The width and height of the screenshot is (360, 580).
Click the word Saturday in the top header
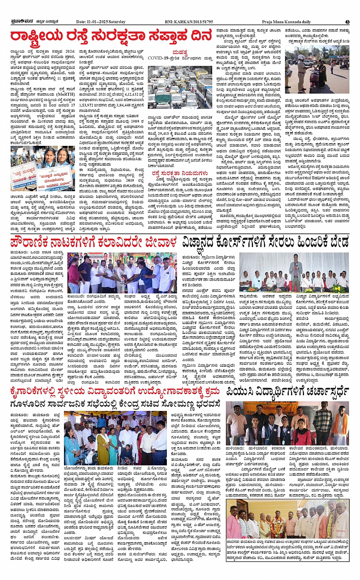pyautogui.click(x=117, y=22)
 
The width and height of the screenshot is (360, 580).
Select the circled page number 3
pyautogui.click(x=347, y=22)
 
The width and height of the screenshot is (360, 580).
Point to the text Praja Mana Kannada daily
pyautogui.click(x=286, y=22)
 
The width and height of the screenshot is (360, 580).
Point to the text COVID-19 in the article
pyautogui.click(x=160, y=58)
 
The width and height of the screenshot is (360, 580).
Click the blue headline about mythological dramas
pyautogui.click(x=94, y=242)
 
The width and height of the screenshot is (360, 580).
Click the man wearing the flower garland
pyautogui.click(x=275, y=522)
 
